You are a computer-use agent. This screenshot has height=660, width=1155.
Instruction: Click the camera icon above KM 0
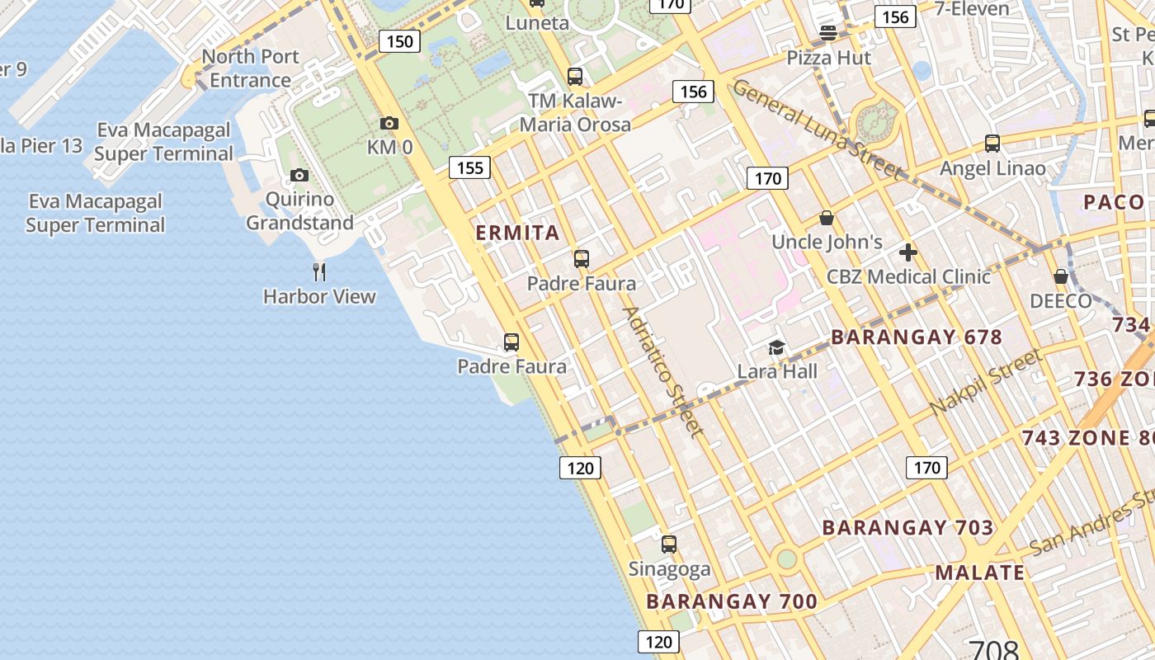click(x=389, y=124)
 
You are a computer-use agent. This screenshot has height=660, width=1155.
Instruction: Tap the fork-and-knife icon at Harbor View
click(x=319, y=271)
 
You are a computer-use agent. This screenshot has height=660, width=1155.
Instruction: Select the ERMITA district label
click(x=518, y=233)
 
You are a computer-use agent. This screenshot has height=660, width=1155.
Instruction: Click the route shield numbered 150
click(x=399, y=41)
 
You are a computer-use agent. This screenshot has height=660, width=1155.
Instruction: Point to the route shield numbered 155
click(x=469, y=167)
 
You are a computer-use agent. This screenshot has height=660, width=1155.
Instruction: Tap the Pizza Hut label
click(x=828, y=58)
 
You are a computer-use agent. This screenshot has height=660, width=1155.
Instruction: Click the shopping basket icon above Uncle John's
click(x=827, y=218)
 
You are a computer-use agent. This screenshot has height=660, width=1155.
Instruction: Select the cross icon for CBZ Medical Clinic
click(x=908, y=252)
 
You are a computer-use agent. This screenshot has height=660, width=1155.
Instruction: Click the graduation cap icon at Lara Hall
click(x=776, y=347)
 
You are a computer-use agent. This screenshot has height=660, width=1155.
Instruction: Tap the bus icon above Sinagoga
click(x=669, y=544)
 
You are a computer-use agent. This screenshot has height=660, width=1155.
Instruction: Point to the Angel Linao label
click(x=992, y=168)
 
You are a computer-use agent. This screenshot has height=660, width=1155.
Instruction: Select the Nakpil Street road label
click(x=985, y=383)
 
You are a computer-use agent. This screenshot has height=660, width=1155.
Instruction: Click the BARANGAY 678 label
click(x=916, y=337)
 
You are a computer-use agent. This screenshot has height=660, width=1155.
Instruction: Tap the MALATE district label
click(x=979, y=573)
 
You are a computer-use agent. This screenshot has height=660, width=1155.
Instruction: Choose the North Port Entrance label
click(x=250, y=68)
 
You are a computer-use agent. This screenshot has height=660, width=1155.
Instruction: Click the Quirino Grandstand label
click(x=299, y=211)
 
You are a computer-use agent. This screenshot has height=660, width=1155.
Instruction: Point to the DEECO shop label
click(x=1060, y=301)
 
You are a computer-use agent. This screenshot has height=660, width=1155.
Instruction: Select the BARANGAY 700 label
click(x=731, y=601)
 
